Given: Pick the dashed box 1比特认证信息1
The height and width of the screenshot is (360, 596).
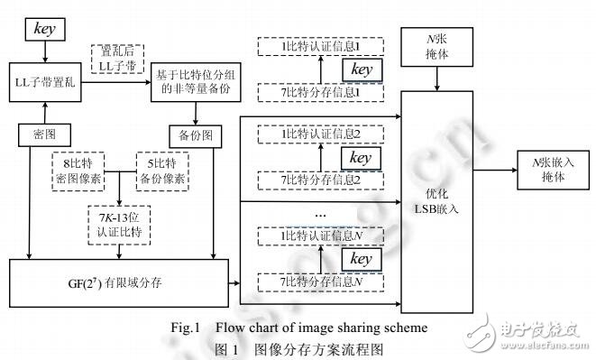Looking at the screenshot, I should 308,45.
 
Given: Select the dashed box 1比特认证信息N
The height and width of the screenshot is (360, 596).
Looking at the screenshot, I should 309,235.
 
